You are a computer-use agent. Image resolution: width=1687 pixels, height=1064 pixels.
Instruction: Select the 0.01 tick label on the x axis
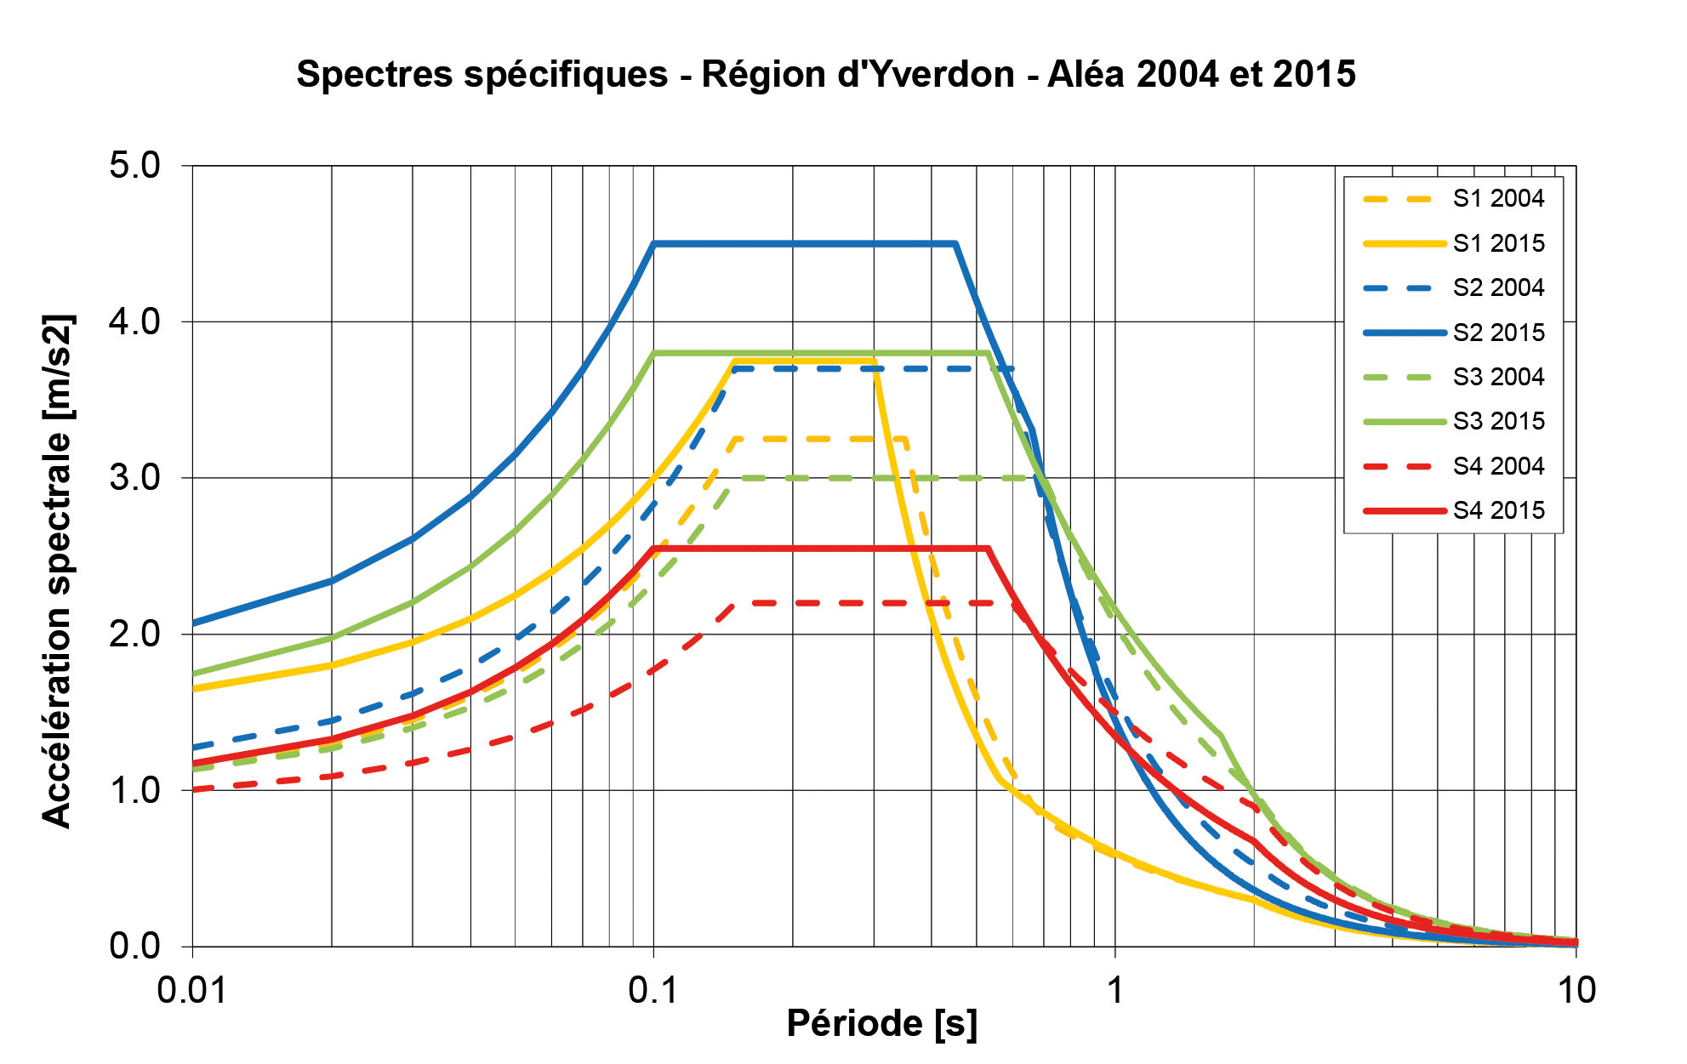pos(192,991)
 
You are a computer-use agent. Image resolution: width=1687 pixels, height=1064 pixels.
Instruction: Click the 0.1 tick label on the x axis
pos(653,991)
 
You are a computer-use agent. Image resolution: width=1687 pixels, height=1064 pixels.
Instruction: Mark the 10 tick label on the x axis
pos(1576,991)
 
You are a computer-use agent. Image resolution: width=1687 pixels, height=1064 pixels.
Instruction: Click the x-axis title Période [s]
pos(881,1024)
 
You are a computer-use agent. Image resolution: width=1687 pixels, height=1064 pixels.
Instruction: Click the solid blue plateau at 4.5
pos(804,244)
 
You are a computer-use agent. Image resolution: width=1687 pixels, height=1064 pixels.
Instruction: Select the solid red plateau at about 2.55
pos(817,549)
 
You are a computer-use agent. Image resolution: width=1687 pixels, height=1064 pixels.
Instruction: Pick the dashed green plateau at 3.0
pos(885,478)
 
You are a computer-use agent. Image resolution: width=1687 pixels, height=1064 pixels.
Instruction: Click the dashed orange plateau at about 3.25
pos(817,439)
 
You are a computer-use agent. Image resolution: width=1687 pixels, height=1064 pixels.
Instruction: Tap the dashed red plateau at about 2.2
pos(851,603)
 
